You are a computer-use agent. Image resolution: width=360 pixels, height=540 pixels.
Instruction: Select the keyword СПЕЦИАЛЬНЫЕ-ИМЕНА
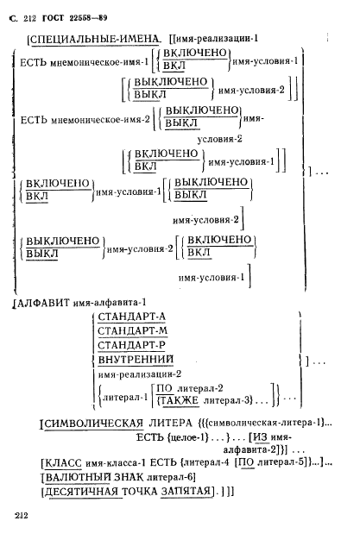point(95,39)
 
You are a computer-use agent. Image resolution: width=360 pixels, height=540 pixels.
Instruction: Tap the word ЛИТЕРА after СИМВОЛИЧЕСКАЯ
point(176,424)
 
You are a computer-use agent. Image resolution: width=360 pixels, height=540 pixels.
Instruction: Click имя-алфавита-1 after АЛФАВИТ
point(114,303)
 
